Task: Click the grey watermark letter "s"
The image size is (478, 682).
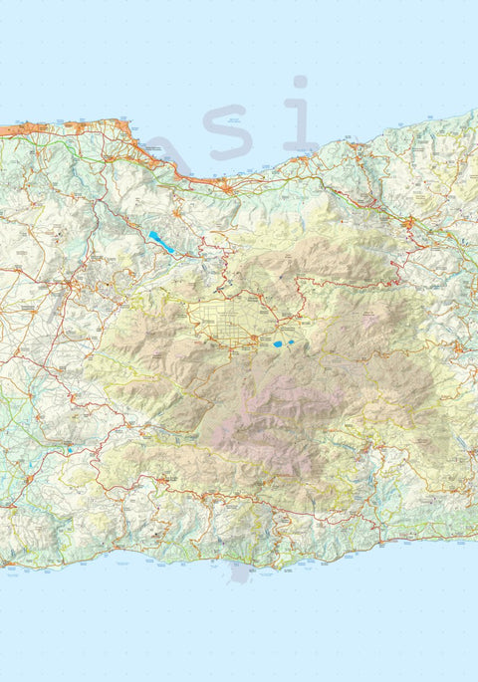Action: click(229, 138)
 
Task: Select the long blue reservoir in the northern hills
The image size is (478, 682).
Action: click(159, 241)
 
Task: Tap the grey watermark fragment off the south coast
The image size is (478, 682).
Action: click(240, 573)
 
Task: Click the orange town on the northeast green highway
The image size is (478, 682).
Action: click(407, 224)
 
